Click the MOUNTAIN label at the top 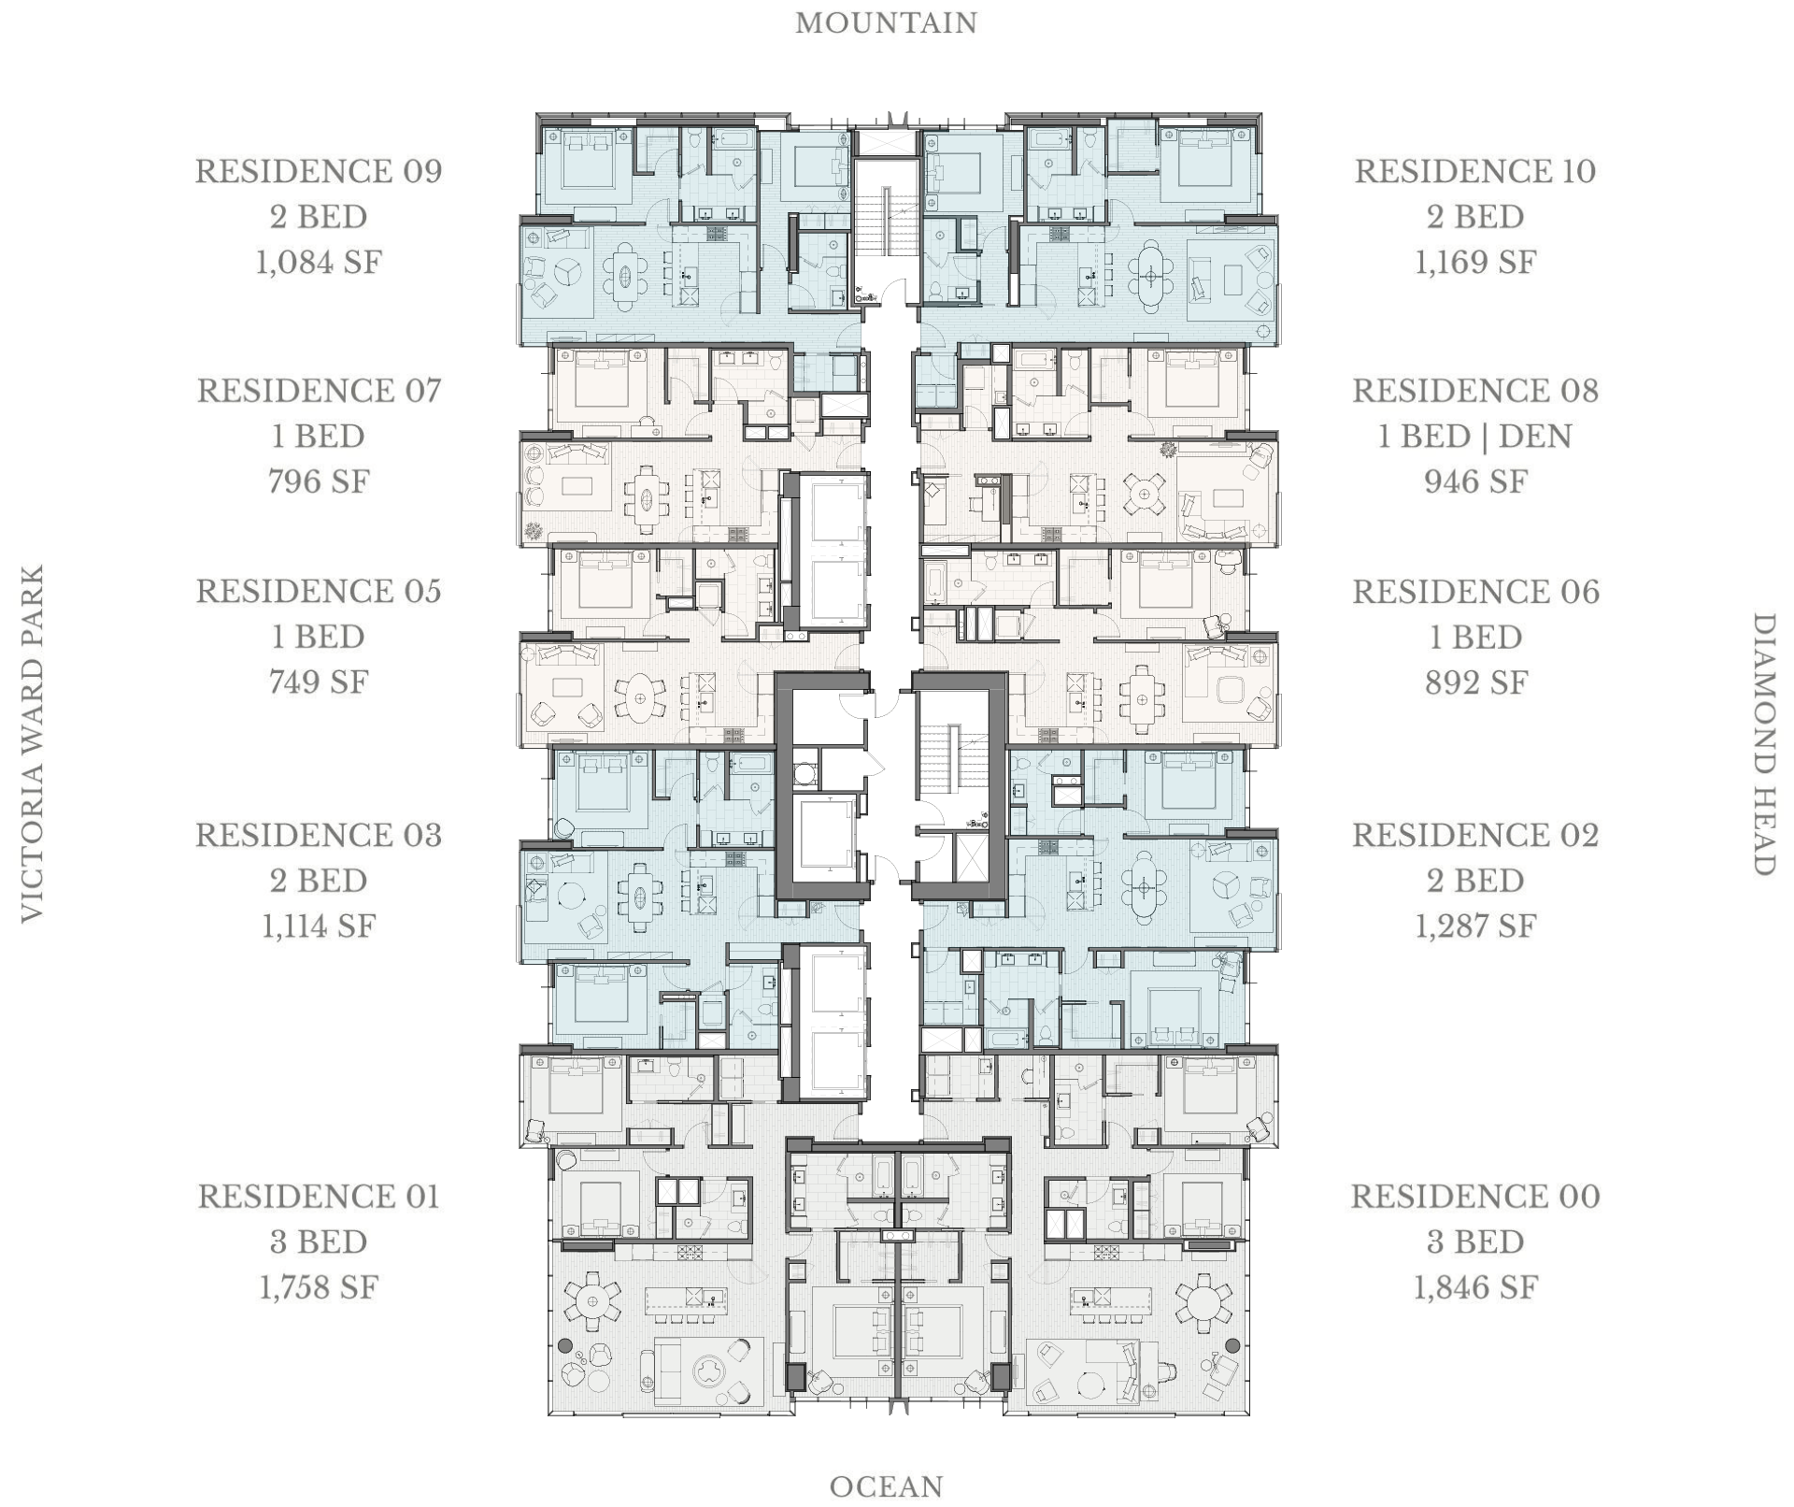886,23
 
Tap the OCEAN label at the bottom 886,1486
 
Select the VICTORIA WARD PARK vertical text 33,743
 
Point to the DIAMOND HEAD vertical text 1762,744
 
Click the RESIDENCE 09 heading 319,171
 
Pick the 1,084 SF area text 319,262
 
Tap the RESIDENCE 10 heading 1475,171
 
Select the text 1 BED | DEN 1475,437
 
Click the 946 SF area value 1475,481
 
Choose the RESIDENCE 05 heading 319,591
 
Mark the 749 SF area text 319,682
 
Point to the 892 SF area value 1475,682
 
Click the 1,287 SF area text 1475,926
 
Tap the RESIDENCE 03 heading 319,835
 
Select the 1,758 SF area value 319,1287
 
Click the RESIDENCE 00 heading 1475,1197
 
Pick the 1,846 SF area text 1475,1287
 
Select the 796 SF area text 319,481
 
